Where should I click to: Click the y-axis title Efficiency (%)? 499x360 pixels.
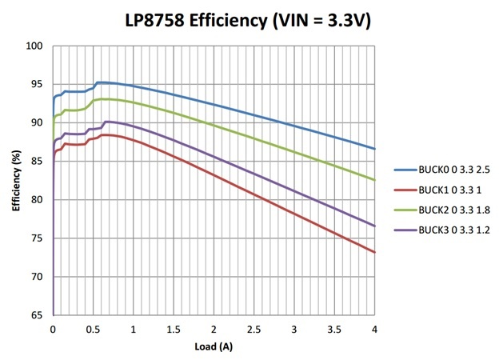pyautogui.click(x=15, y=181)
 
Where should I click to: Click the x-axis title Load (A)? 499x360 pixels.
pyautogui.click(x=214, y=347)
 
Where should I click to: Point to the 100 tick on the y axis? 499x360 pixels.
pyautogui.click(x=34, y=46)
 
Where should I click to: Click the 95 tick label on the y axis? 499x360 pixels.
pyautogui.click(x=37, y=84)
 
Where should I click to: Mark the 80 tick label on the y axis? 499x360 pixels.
pyautogui.click(x=37, y=200)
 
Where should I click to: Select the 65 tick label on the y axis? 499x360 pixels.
pyautogui.click(x=37, y=315)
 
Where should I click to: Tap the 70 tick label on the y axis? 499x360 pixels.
pyautogui.click(x=37, y=277)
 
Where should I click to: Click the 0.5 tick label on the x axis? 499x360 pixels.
pyautogui.click(x=93, y=329)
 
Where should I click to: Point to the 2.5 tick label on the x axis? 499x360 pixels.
pyautogui.click(x=254, y=329)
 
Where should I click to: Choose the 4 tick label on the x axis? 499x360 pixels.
pyautogui.click(x=374, y=329)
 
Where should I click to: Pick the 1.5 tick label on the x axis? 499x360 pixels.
pyautogui.click(x=174, y=329)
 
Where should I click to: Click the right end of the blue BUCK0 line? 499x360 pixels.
pyautogui.click(x=374, y=149)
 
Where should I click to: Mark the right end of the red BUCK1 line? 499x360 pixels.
pyautogui.click(x=374, y=252)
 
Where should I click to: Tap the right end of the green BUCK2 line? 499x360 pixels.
pyautogui.click(x=374, y=180)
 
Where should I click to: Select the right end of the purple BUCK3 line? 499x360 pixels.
pyautogui.click(x=374, y=226)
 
